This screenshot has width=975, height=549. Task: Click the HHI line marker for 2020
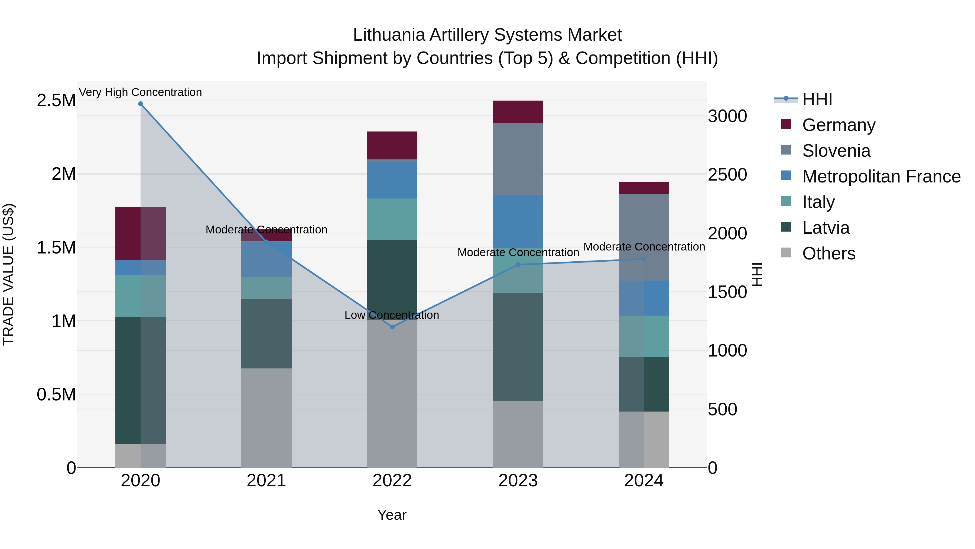[x=140, y=104]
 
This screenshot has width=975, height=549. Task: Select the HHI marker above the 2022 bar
[x=392, y=327]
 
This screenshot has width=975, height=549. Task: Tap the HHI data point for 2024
[x=644, y=259]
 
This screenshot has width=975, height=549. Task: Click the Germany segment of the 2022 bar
[x=392, y=146]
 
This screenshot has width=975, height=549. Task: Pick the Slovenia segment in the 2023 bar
[x=518, y=159]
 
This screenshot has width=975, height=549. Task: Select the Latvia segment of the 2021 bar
[x=266, y=333]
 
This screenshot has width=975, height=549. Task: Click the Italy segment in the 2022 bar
[x=392, y=219]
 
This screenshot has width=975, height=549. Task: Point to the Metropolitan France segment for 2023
[x=518, y=221]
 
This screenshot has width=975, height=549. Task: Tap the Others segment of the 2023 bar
[x=518, y=434]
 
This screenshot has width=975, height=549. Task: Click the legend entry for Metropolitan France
[x=881, y=176]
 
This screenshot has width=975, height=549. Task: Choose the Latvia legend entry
[x=826, y=228]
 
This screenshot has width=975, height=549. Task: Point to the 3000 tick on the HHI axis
[x=727, y=116]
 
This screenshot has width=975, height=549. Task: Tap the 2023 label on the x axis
[x=518, y=481]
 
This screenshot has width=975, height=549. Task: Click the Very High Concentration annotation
[x=140, y=92]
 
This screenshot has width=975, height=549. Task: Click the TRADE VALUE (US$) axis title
[x=8, y=274]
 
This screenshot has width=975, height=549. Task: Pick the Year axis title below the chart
[x=392, y=515]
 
